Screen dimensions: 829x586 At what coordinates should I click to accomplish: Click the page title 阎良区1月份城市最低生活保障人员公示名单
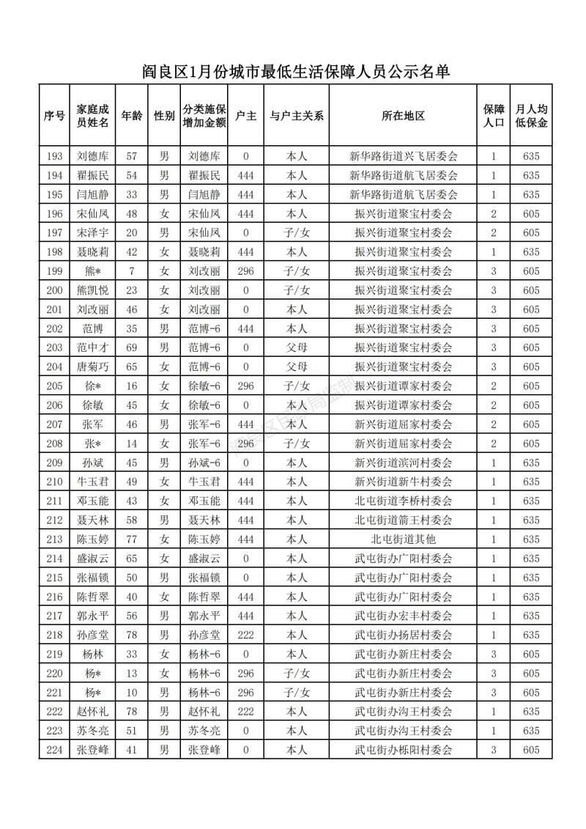click(x=294, y=72)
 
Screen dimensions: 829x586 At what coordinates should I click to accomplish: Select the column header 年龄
click(x=132, y=116)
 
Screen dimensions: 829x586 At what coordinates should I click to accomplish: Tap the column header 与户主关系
click(x=297, y=116)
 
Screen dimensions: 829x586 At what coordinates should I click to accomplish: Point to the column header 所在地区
click(x=404, y=116)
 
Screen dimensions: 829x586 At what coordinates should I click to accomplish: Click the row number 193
click(x=53, y=156)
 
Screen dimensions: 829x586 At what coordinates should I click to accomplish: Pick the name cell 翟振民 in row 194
click(x=93, y=175)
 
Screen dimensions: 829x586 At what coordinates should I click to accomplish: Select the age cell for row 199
click(x=132, y=270)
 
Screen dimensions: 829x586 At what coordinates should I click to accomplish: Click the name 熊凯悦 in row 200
click(x=93, y=290)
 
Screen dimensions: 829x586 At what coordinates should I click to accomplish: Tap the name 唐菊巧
click(x=93, y=366)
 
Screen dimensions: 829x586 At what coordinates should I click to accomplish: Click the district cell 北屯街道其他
click(x=404, y=539)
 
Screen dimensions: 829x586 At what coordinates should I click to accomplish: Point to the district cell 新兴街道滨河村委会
click(x=404, y=463)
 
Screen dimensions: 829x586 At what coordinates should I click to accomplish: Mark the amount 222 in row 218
click(x=245, y=634)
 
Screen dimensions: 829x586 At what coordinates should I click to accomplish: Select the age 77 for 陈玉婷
click(x=132, y=539)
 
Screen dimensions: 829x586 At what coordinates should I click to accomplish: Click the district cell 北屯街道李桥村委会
click(x=404, y=501)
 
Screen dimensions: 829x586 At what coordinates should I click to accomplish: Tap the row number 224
click(x=53, y=749)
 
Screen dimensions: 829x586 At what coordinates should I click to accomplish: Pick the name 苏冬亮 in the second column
click(x=93, y=730)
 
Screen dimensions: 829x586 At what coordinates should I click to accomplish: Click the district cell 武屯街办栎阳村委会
click(x=404, y=749)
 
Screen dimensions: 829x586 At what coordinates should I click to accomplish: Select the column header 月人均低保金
click(x=531, y=116)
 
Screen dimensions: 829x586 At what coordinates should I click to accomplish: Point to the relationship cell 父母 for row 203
click(x=297, y=347)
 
